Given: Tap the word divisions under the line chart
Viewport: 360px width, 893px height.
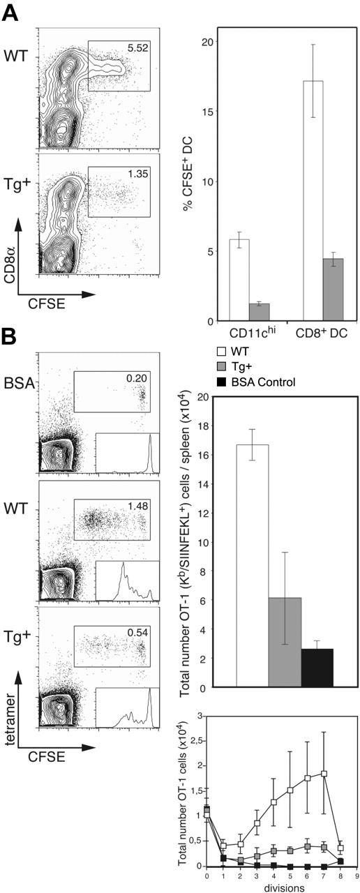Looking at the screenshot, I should [273, 886].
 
